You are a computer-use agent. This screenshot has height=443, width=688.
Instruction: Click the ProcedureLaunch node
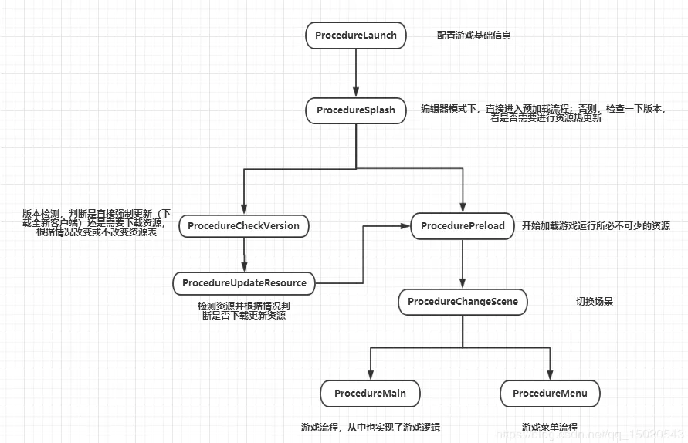(356, 36)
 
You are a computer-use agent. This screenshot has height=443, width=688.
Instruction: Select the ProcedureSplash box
(356, 110)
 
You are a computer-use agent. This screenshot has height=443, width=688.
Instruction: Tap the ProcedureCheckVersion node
(243, 226)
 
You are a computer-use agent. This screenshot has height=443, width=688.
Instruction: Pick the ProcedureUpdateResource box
(244, 283)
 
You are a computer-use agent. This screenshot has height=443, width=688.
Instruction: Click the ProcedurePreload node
(463, 226)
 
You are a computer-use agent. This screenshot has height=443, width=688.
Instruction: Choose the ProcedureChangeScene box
(463, 302)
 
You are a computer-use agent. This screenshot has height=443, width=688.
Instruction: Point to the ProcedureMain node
(370, 394)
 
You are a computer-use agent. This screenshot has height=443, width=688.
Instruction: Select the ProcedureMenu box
(550, 394)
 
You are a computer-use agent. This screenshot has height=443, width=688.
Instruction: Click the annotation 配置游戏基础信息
(474, 36)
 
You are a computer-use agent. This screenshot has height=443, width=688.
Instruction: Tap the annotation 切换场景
(594, 302)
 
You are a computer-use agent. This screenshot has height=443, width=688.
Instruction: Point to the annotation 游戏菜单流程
(549, 428)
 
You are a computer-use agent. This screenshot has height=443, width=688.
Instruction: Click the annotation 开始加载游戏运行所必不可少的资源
(596, 226)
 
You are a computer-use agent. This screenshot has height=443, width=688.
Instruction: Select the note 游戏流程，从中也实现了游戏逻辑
(371, 428)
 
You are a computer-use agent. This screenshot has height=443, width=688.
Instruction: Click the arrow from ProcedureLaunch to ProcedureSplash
(356, 73)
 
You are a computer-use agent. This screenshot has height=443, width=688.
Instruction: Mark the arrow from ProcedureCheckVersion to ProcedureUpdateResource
(244, 255)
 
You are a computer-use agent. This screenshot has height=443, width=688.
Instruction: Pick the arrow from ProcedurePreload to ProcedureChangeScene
(463, 264)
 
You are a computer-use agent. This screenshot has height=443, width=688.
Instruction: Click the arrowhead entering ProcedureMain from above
(371, 374)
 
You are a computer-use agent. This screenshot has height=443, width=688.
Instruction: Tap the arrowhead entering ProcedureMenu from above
(550, 374)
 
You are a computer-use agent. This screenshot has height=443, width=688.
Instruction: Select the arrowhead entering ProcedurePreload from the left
(405, 226)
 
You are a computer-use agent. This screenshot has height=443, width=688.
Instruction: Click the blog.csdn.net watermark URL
(590, 435)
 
